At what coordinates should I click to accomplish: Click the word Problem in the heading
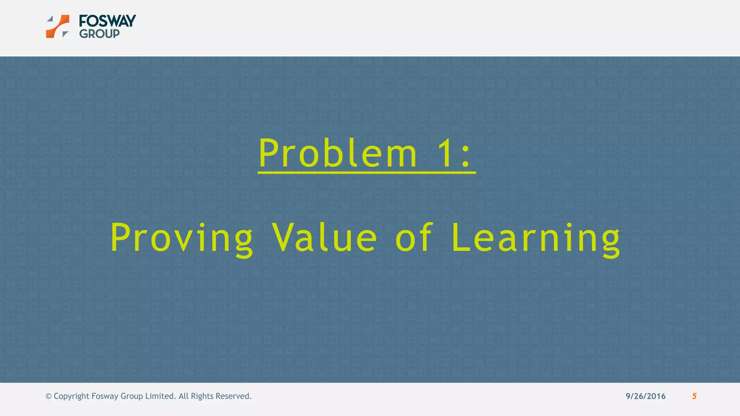click(x=338, y=153)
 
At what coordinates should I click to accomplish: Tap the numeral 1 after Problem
click(x=444, y=153)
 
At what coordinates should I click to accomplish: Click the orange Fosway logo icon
click(x=58, y=26)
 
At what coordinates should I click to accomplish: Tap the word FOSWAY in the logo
click(x=107, y=21)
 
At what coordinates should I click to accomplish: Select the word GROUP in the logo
click(x=99, y=34)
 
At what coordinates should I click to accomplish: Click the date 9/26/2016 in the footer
click(x=645, y=396)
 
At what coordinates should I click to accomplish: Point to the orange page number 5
click(x=694, y=396)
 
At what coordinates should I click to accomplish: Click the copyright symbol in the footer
click(x=48, y=396)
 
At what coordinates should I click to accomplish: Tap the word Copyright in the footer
click(x=71, y=396)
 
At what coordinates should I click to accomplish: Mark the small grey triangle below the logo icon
click(x=65, y=34)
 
